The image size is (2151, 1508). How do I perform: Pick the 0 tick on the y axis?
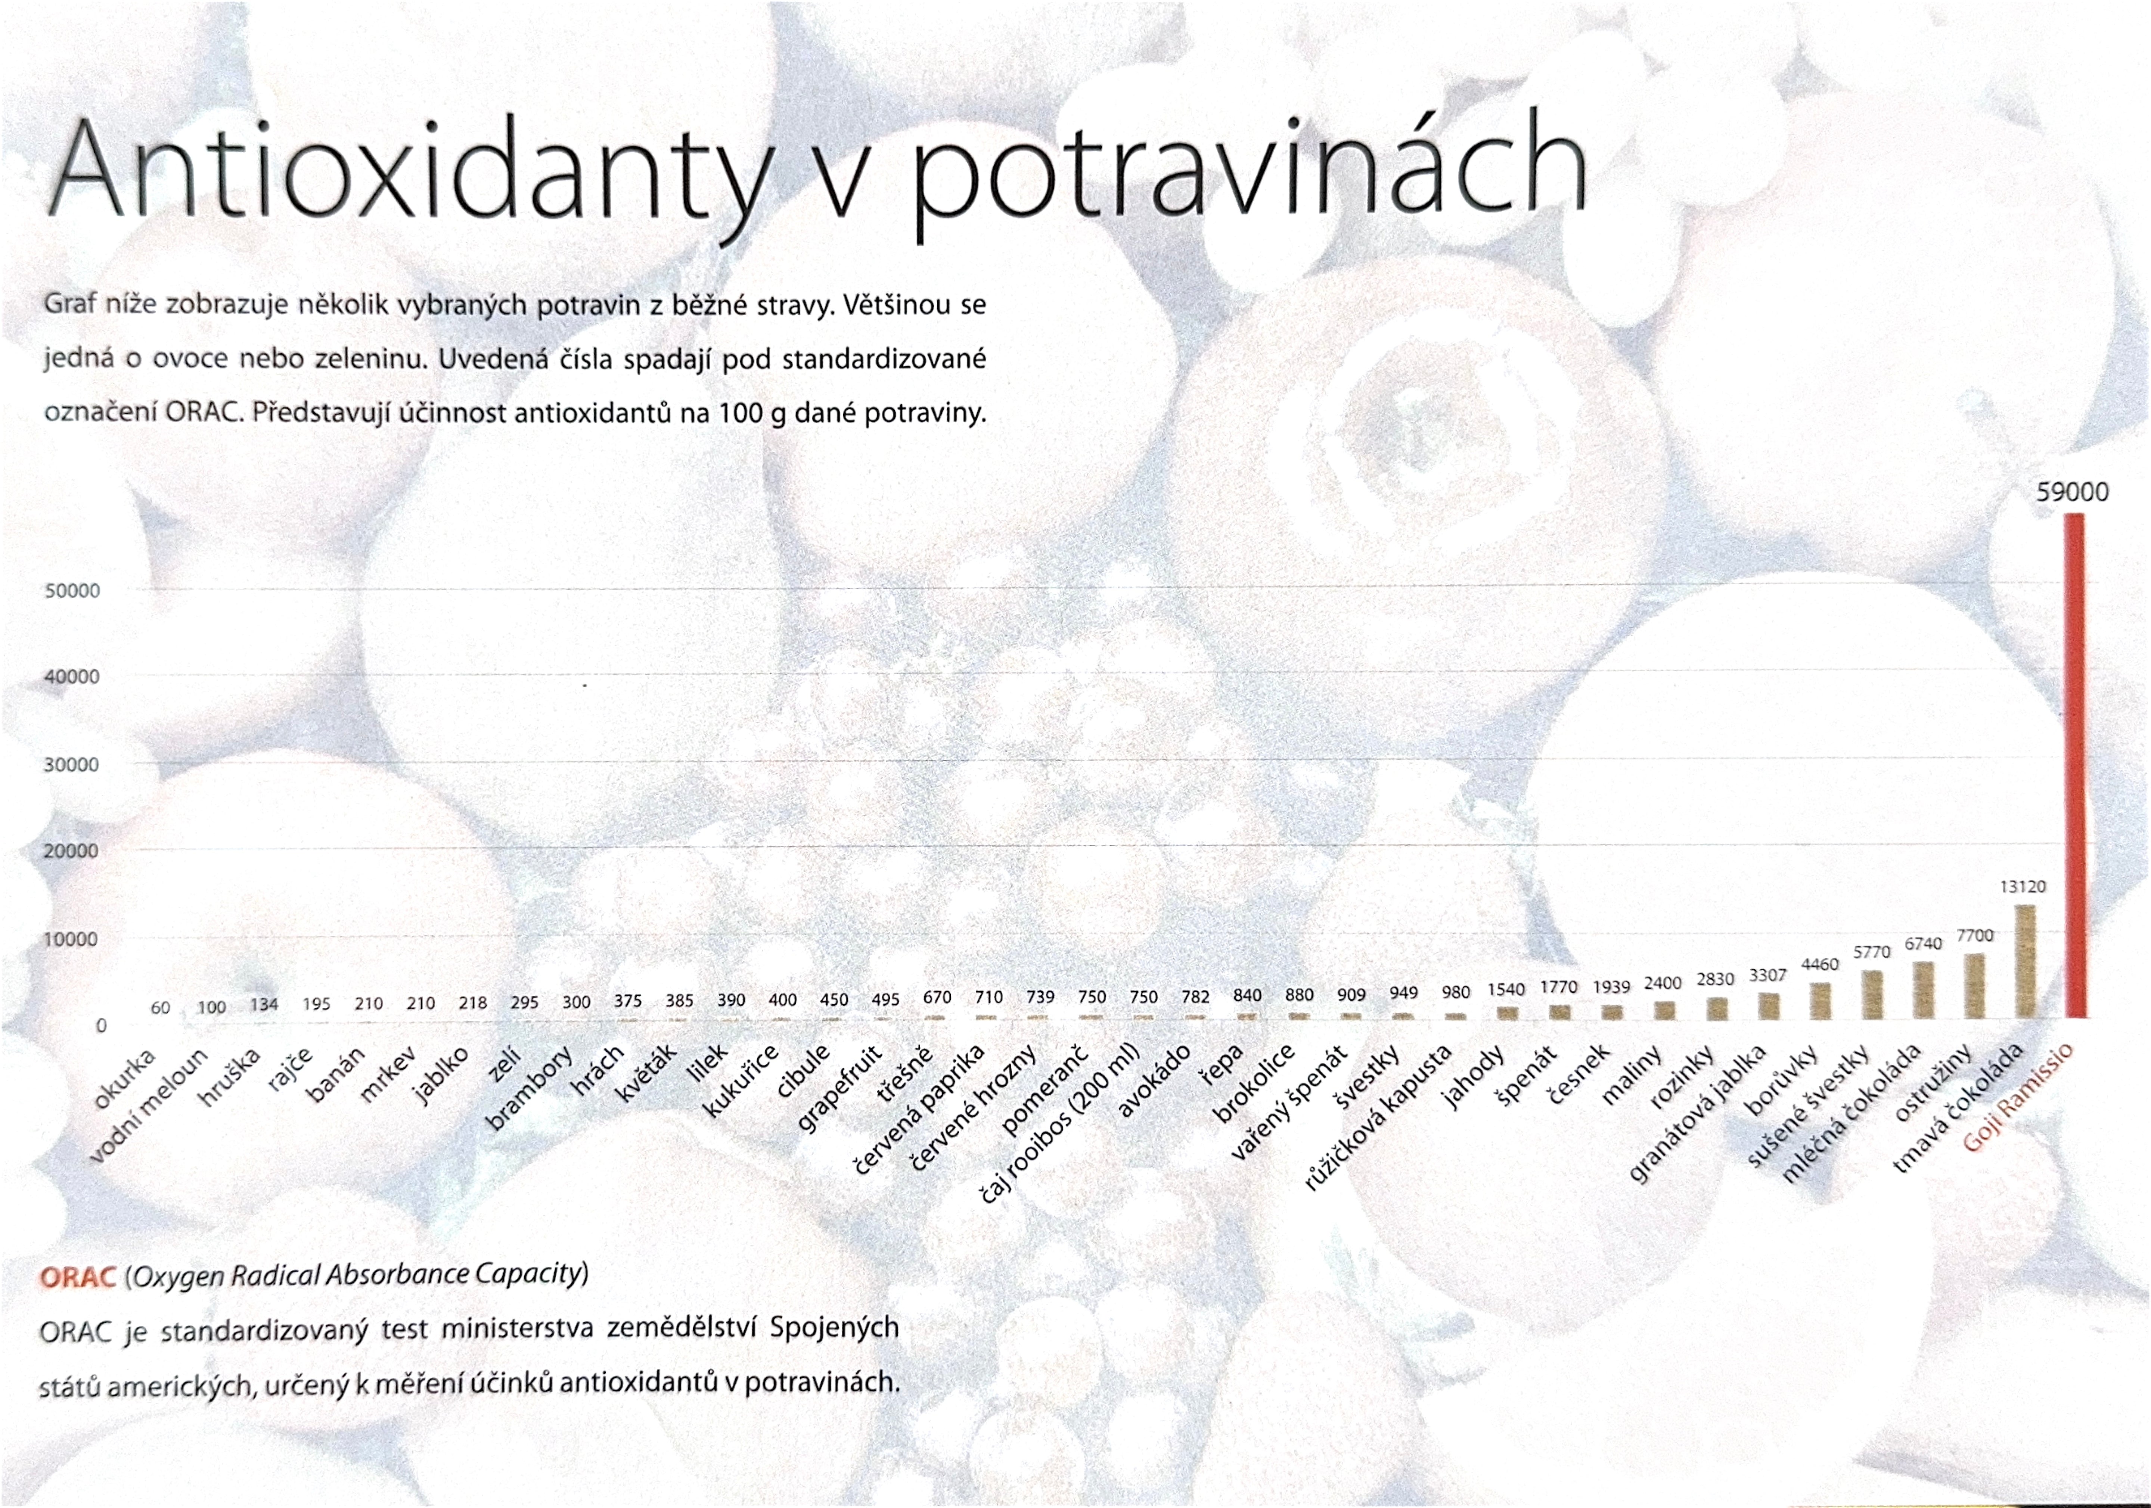pyautogui.click(x=101, y=1026)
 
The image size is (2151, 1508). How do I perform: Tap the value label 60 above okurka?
pyautogui.click(x=160, y=1008)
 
